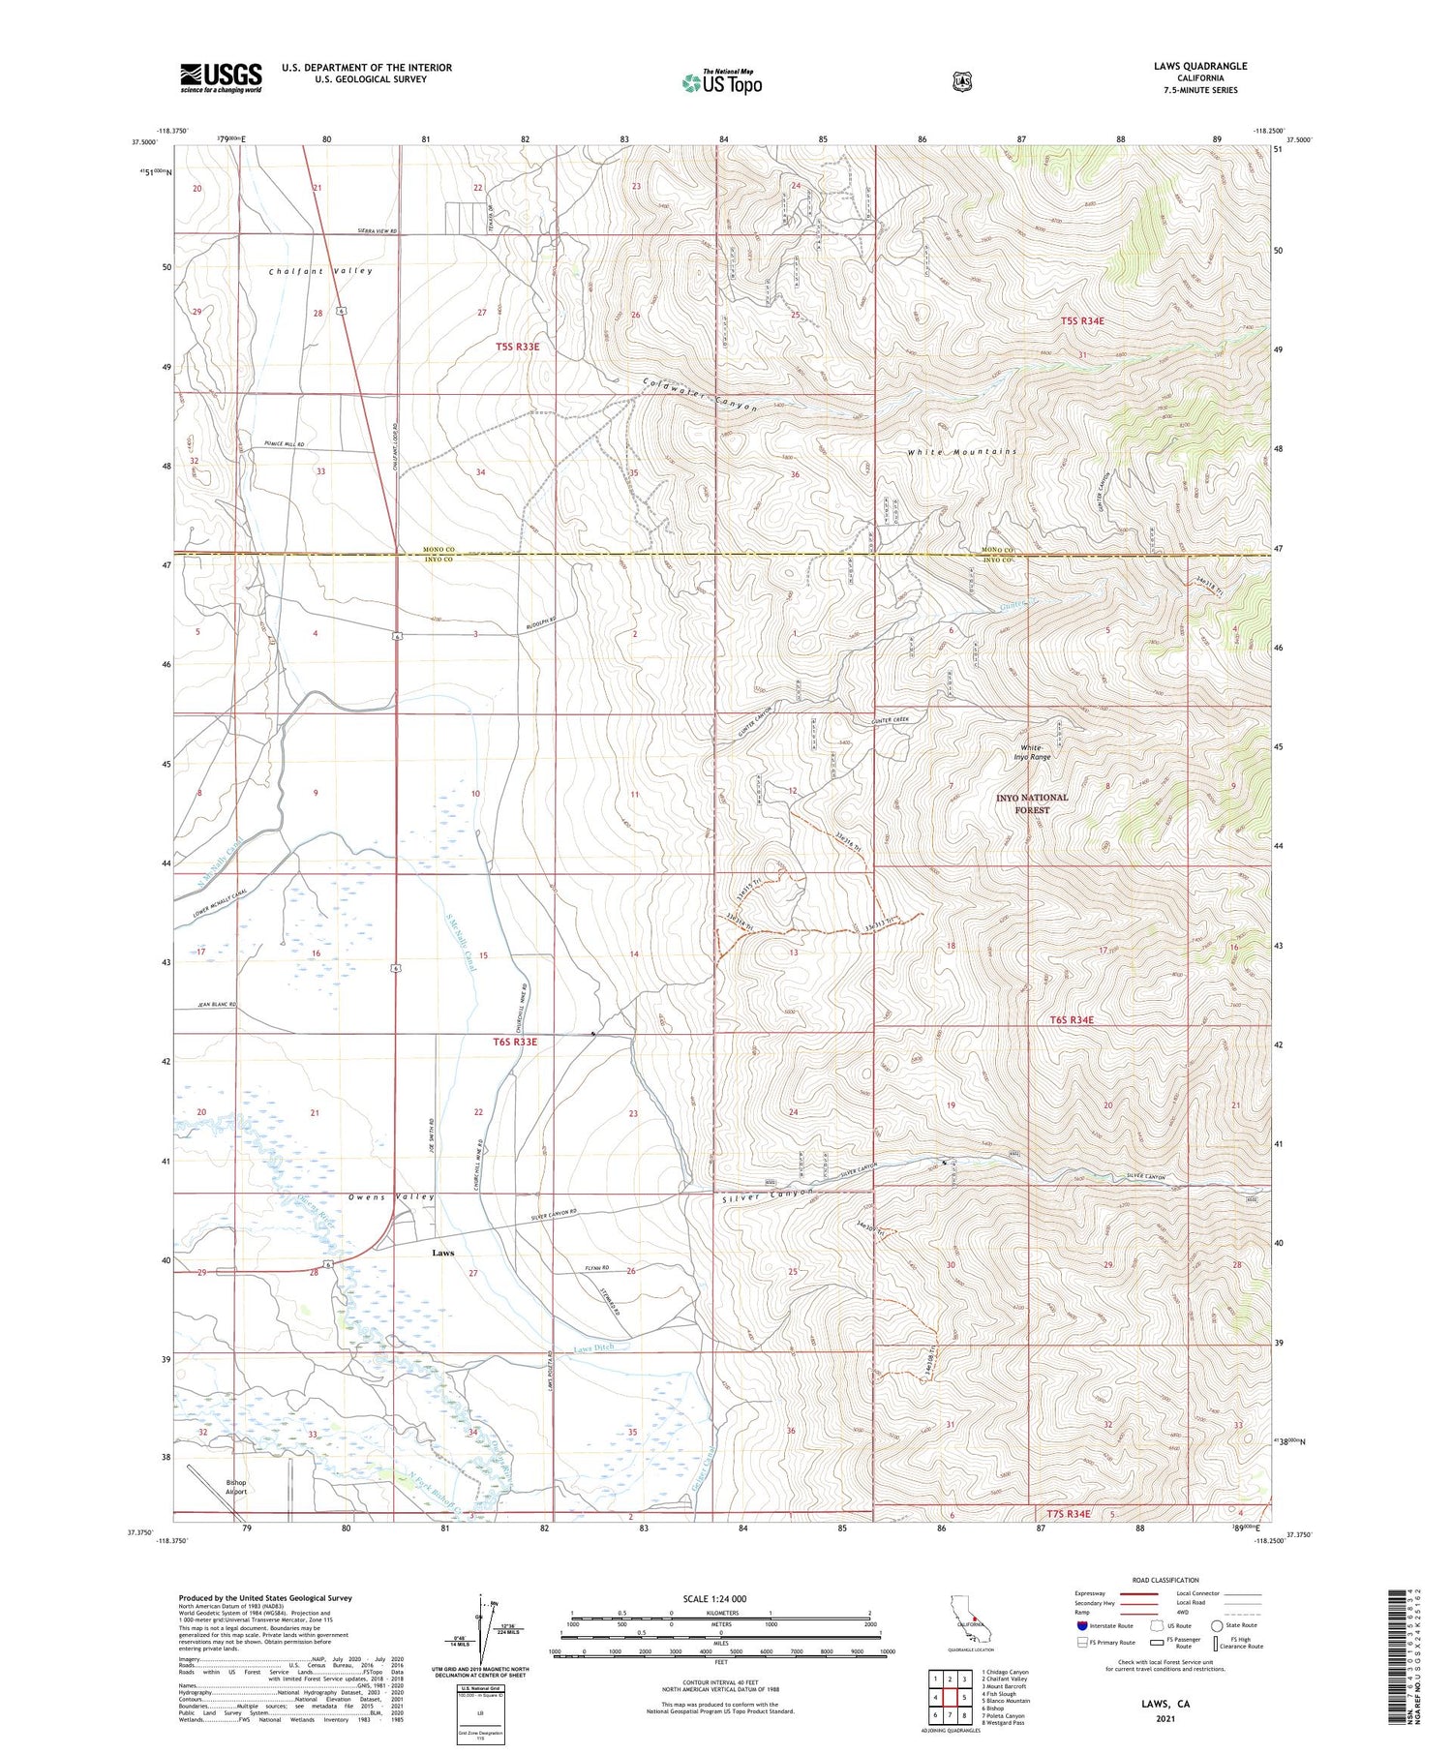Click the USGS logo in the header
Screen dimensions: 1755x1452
tap(221, 77)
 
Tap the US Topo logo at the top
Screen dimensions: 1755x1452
tap(721, 83)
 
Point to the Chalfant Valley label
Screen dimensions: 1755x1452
tap(320, 271)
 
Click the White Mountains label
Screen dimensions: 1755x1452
tap(961, 452)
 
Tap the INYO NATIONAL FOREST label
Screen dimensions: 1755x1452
tap(1032, 803)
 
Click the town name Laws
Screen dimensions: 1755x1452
tap(442, 1253)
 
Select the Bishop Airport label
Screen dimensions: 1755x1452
tap(236, 1487)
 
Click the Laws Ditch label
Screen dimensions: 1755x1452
tap(593, 1347)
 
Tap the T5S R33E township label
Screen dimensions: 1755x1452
tap(517, 346)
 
